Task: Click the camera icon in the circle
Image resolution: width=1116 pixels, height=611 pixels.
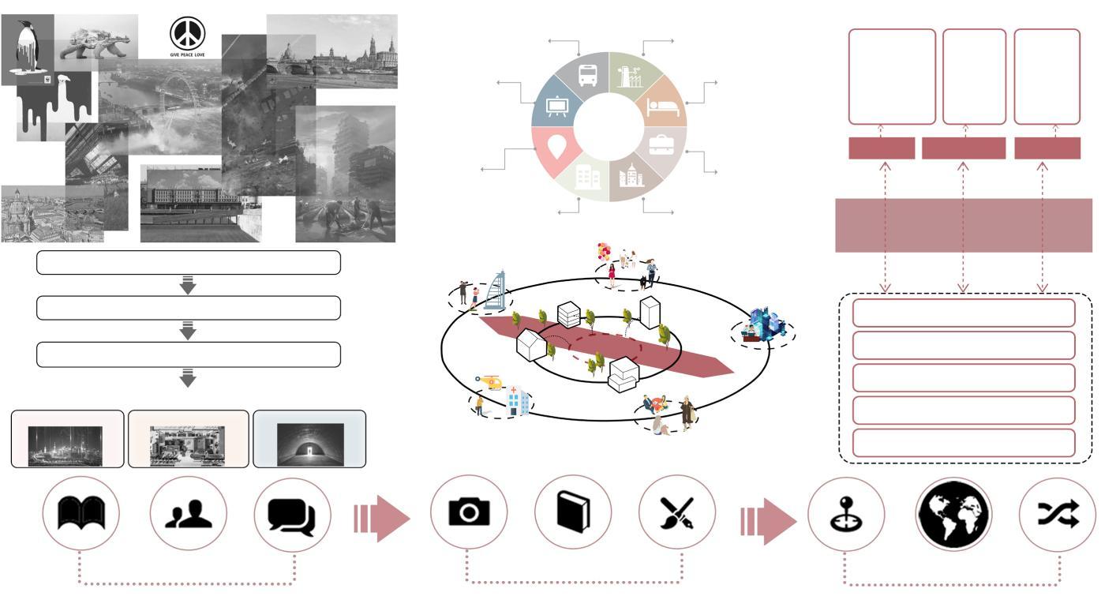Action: [469, 513]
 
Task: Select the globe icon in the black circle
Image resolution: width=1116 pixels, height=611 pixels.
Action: [953, 515]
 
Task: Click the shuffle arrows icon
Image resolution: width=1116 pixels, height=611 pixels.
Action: [1057, 515]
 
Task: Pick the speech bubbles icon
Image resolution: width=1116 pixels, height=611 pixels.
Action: [291, 516]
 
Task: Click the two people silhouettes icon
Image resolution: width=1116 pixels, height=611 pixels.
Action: [188, 515]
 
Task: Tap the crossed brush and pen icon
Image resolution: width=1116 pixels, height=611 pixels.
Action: [676, 513]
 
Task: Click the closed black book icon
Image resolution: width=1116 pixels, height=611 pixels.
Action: [573, 512]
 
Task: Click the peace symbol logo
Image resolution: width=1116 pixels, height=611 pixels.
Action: [187, 33]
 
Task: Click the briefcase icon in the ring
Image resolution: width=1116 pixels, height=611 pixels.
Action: [661, 144]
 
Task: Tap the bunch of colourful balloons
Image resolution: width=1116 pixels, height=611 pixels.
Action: [605, 252]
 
